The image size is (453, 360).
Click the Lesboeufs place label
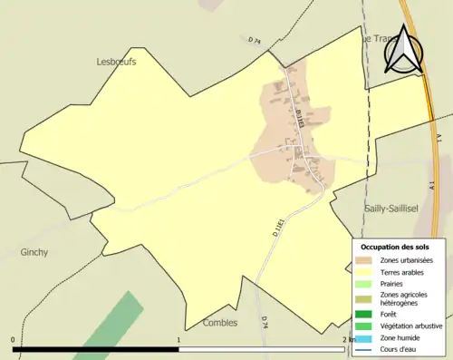115,62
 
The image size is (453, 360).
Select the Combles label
220,322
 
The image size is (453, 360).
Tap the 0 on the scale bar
13,340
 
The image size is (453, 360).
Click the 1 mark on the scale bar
180,340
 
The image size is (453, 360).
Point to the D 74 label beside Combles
265,322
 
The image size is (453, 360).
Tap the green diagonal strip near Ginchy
108,326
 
